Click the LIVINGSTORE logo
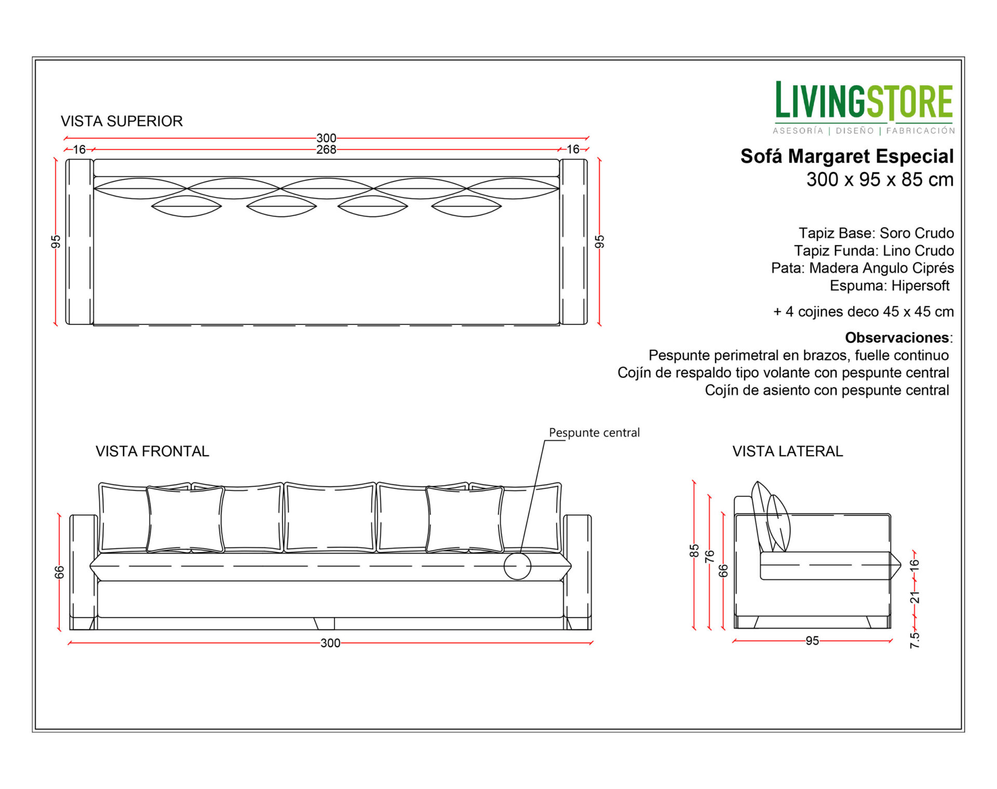[864, 107]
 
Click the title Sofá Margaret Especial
[847, 156]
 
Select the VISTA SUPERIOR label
[122, 121]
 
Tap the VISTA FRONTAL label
[152, 451]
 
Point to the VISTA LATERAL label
[788, 451]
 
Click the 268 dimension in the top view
[326, 149]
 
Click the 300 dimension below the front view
[330, 643]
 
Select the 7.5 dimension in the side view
[914, 640]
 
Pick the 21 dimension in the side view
[914, 597]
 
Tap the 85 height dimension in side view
[694, 551]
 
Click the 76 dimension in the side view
[709, 556]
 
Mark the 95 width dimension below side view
[812, 641]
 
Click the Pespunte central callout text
[594, 432]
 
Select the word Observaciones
[897, 337]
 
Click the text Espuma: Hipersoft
[890, 285]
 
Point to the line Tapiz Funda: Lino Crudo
[874, 251]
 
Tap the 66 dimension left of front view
[60, 572]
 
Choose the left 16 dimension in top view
[79, 149]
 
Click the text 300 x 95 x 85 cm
[880, 180]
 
